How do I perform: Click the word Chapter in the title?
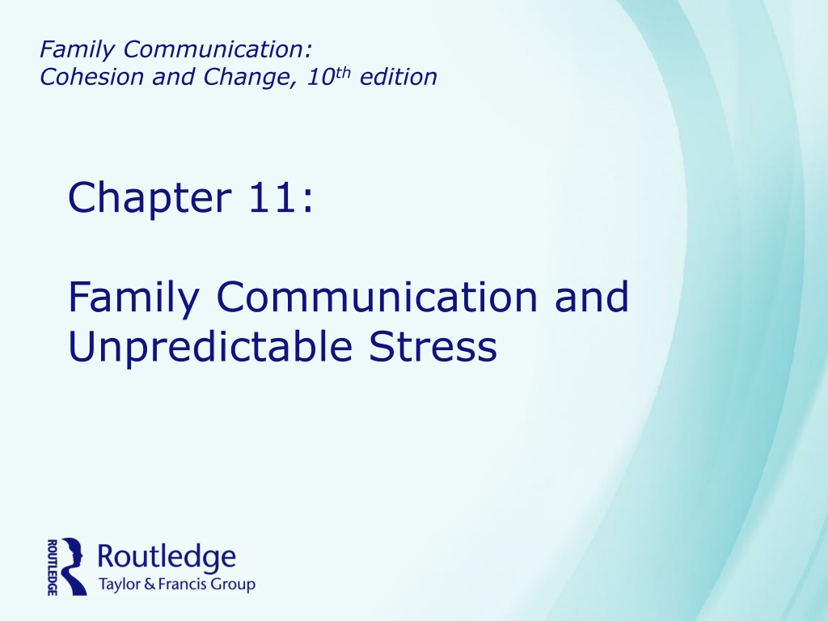click(150, 199)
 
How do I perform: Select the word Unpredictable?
click(210, 348)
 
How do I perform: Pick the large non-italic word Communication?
click(377, 297)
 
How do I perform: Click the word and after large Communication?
click(591, 297)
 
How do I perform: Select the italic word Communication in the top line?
click(217, 49)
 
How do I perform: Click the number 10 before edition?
click(320, 77)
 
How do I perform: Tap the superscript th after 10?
click(343, 72)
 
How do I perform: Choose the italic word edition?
click(398, 77)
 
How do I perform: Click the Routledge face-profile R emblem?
click(74, 567)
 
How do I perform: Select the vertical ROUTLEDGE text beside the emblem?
click(53, 567)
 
